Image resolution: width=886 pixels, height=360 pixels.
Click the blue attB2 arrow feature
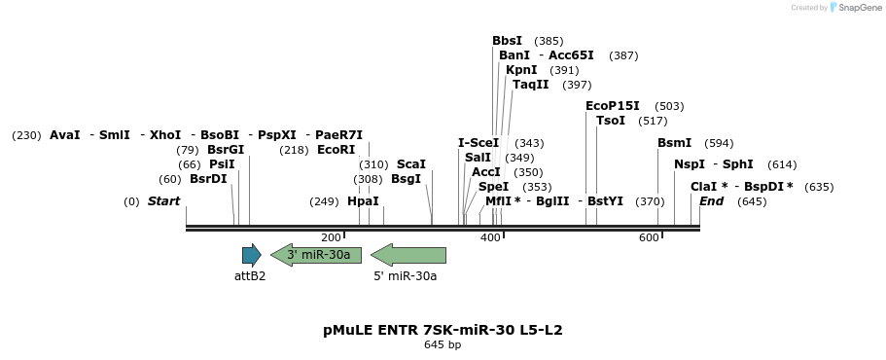(x=251, y=256)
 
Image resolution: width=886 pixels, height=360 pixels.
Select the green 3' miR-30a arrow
(x=316, y=255)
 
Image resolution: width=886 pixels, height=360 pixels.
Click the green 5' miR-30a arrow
(x=408, y=256)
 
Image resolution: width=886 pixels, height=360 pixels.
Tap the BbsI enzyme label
(x=507, y=41)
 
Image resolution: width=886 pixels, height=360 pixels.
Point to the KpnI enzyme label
(x=521, y=70)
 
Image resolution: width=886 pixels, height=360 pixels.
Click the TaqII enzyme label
(x=530, y=85)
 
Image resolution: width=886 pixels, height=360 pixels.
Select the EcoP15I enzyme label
(x=613, y=106)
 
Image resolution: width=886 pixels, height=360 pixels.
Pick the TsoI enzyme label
(x=611, y=121)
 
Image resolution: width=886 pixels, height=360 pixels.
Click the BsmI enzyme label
(x=674, y=143)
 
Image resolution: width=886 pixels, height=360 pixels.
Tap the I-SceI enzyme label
(x=478, y=143)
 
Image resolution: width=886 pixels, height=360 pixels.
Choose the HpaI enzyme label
(x=363, y=201)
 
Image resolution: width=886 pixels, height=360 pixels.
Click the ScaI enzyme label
(x=411, y=164)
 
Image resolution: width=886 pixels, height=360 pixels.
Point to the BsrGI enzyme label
(x=226, y=150)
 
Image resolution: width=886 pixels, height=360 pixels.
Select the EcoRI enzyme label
(x=337, y=150)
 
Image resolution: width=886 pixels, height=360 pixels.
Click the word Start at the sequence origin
(x=163, y=201)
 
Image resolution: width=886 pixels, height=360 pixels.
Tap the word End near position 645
(x=711, y=201)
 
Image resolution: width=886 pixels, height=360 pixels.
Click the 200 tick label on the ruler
(x=331, y=238)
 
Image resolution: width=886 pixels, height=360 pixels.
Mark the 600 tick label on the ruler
(x=649, y=238)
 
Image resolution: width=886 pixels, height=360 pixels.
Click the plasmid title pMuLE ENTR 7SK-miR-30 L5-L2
(x=443, y=330)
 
